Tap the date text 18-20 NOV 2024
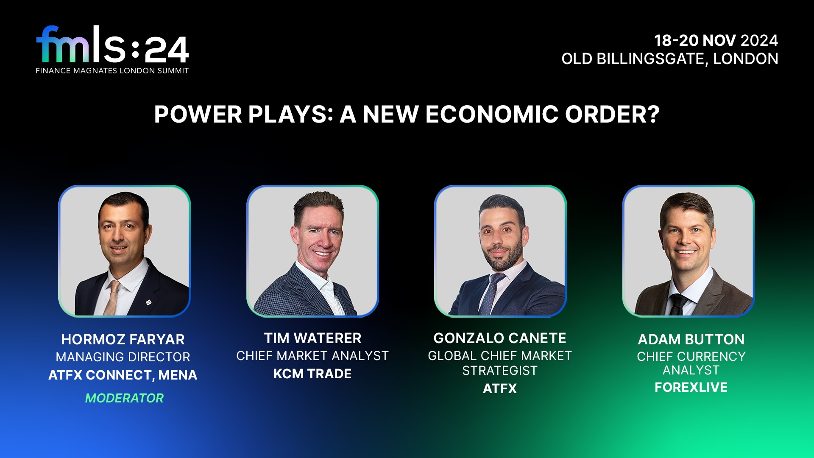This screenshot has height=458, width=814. tap(716, 40)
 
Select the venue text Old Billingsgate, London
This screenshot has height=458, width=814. tap(670, 59)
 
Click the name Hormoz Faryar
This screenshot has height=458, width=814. tap(123, 339)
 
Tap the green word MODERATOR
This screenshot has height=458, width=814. tap(124, 398)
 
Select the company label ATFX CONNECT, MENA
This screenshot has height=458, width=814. tap(123, 375)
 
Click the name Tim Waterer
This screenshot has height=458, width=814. tap(312, 338)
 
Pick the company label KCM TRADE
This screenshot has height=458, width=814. tap(312, 374)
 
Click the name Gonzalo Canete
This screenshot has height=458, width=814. tap(500, 338)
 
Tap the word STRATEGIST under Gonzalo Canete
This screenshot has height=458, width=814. tap(500, 371)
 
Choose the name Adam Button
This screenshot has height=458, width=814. tap(691, 339)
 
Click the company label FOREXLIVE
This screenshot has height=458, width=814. tap(691, 387)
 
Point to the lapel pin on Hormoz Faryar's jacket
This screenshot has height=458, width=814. tap(148, 302)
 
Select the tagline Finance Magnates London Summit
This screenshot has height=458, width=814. tap(112, 71)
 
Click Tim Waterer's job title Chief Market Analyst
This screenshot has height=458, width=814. tap(312, 356)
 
